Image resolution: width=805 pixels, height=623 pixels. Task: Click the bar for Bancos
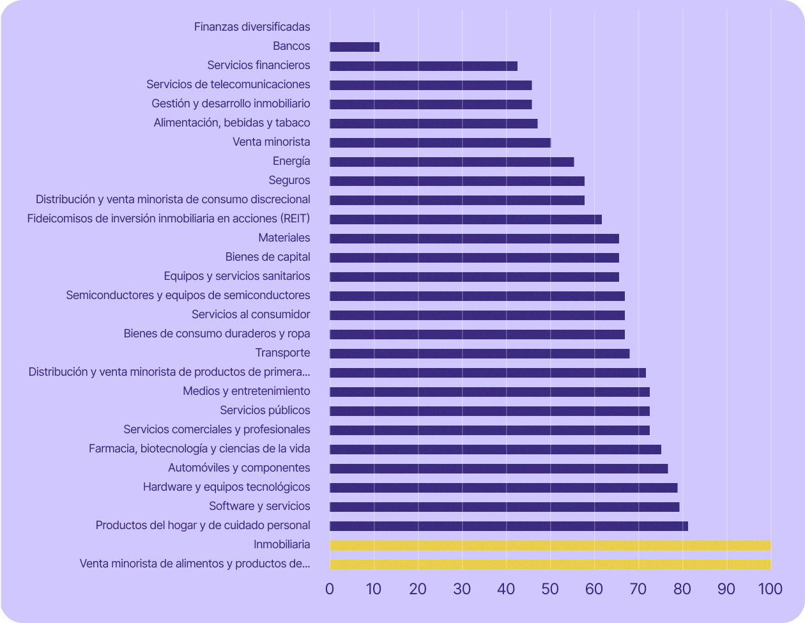[x=355, y=47]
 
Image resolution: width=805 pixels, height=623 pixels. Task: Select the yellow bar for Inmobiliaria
[x=550, y=545]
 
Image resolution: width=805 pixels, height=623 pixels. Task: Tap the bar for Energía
[x=452, y=162]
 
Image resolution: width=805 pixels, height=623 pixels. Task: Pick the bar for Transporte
[x=479, y=353]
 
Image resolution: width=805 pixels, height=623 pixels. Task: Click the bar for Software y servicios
[x=504, y=507]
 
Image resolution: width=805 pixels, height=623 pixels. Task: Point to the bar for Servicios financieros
[x=424, y=66]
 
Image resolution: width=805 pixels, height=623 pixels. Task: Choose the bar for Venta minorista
[x=440, y=142]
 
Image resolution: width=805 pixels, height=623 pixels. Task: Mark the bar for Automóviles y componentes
[x=498, y=468]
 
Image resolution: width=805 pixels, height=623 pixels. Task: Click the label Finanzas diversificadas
[x=252, y=27]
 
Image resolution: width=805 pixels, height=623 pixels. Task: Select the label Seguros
[x=289, y=180]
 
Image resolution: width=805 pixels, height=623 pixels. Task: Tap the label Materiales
[x=284, y=238]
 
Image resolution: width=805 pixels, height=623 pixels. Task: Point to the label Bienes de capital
[x=268, y=257]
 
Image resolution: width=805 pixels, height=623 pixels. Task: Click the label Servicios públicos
[x=265, y=410]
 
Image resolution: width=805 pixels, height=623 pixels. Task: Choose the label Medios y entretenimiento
[x=247, y=391]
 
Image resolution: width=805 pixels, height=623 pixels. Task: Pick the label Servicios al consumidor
[x=251, y=314]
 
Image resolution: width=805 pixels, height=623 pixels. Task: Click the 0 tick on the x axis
[x=330, y=589]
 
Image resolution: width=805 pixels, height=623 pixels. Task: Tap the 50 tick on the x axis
[x=550, y=589]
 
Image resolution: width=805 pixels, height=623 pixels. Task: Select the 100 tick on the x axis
[x=770, y=589]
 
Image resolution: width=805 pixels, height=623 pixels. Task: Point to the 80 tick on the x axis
[x=682, y=589]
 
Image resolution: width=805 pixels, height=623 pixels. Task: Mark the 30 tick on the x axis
[x=462, y=589]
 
